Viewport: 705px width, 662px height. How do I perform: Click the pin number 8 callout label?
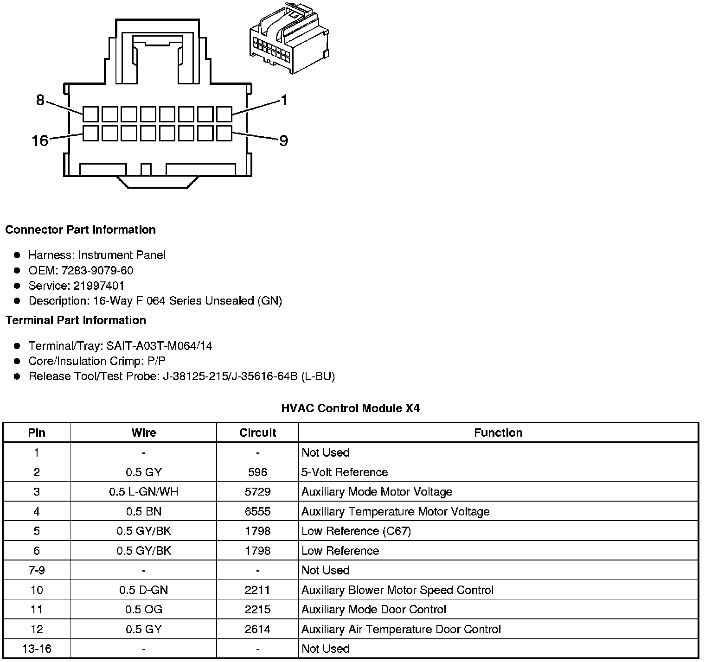(40, 100)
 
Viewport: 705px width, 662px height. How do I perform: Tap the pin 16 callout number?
(40, 140)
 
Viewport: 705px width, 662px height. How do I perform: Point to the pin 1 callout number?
(284, 100)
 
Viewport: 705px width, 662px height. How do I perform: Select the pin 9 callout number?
(283, 140)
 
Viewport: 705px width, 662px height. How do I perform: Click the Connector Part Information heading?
(80, 230)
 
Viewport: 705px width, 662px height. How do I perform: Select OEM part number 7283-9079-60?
(97, 270)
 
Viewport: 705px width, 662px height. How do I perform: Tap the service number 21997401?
(99, 286)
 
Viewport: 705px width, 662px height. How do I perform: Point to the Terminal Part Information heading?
(76, 320)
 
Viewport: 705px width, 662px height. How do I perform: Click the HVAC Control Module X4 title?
(351, 408)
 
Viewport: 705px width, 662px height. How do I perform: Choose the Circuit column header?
(257, 433)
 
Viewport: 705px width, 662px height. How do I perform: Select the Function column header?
(498, 433)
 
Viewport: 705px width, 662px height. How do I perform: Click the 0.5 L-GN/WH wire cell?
(144, 492)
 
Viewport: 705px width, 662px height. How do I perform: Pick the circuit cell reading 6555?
(257, 511)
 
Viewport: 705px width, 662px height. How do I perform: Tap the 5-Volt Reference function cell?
(345, 472)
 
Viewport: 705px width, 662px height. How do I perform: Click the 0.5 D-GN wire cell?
(144, 590)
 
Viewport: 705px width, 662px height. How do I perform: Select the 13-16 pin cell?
(37, 649)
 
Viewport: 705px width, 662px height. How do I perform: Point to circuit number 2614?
(257, 629)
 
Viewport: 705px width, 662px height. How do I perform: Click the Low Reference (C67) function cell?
(356, 531)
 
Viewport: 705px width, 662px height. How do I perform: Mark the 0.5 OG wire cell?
(144, 610)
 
